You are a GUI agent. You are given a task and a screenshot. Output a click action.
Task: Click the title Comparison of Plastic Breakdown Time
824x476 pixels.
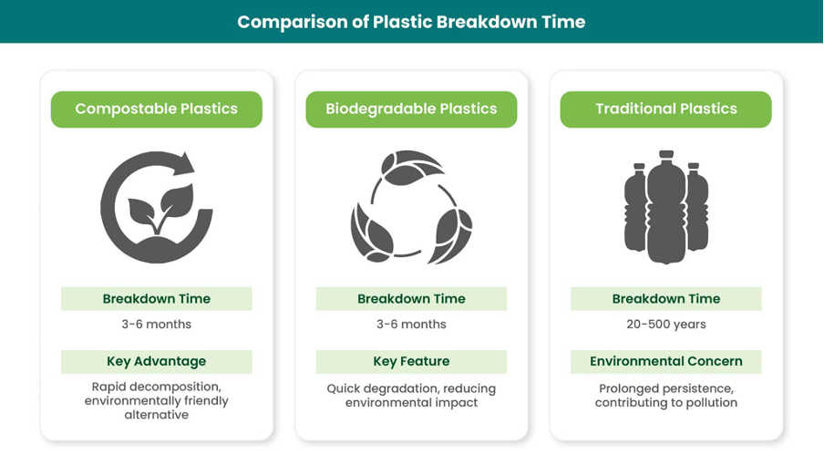click(x=411, y=22)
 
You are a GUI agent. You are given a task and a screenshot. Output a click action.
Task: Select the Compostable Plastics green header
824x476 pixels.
click(x=157, y=109)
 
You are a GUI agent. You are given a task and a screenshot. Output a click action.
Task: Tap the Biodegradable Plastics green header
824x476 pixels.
click(x=411, y=109)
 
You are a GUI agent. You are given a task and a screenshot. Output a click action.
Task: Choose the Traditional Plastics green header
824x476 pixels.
click(x=665, y=109)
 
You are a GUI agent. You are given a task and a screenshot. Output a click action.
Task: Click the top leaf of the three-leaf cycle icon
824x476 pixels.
click(x=411, y=167)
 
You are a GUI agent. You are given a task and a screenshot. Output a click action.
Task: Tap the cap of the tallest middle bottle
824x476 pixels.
click(x=666, y=154)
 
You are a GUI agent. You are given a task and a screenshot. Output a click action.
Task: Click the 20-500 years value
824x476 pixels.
click(x=665, y=324)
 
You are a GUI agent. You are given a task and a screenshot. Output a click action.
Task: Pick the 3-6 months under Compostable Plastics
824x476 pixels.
click(x=157, y=324)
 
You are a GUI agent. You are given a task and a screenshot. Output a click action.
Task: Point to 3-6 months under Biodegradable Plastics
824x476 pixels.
click(x=411, y=324)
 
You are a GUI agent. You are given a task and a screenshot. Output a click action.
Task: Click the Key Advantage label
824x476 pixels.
click(x=157, y=361)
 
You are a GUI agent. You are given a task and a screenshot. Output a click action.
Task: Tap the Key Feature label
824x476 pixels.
click(x=411, y=361)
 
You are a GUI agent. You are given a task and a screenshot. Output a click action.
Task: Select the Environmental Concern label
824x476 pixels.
click(x=665, y=361)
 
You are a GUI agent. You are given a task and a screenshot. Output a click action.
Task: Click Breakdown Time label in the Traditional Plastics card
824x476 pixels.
click(x=665, y=299)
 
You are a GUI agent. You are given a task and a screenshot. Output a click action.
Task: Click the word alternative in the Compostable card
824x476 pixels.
click(x=157, y=415)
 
